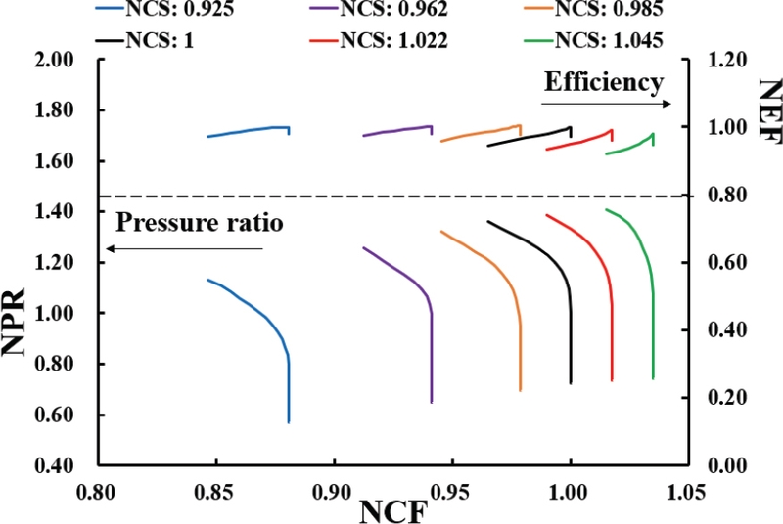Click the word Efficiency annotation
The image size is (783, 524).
click(604, 82)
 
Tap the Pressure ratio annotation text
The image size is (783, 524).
click(200, 222)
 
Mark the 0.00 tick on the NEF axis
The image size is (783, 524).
click(721, 465)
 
